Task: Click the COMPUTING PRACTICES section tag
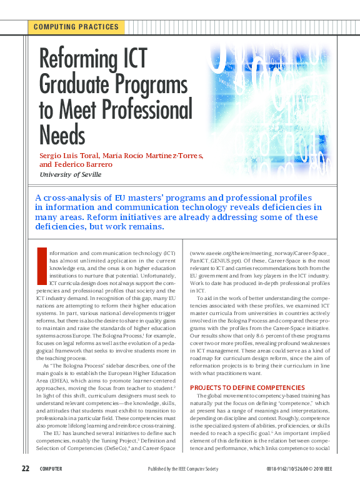click(x=76, y=27)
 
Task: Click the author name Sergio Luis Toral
click(x=65, y=155)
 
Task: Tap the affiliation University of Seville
click(x=70, y=174)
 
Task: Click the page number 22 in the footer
click(x=26, y=469)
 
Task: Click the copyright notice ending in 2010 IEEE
click(x=297, y=469)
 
